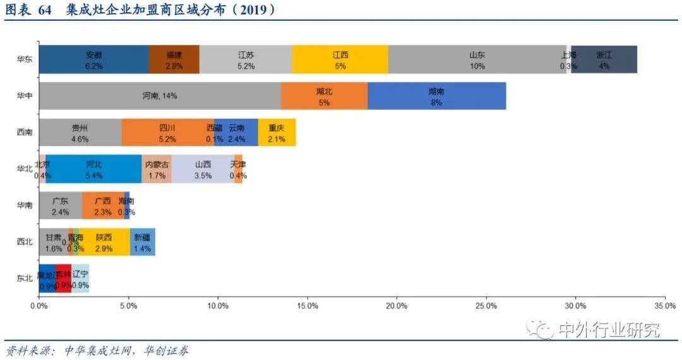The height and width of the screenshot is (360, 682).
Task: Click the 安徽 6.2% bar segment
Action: [93, 59]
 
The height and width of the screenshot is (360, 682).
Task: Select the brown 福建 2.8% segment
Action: [174, 59]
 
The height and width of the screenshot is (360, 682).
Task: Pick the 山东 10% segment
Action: [477, 59]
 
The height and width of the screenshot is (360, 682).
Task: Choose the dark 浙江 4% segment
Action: [604, 59]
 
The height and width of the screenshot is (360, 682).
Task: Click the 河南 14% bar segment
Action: [159, 96]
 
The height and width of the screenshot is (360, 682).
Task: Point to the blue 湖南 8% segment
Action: [436, 96]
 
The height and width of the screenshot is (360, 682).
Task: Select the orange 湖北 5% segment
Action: [324, 96]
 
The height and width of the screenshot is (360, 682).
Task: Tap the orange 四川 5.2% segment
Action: [167, 133]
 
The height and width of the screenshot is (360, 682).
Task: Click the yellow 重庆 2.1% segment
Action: [277, 133]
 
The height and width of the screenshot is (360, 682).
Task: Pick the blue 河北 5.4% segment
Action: [93, 169]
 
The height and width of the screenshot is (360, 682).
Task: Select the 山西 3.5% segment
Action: [203, 169]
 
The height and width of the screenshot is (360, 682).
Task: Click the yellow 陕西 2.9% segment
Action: [104, 242]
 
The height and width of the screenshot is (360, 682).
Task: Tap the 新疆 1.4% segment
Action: [143, 242]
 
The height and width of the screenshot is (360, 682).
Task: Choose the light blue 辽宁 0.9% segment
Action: [80, 279]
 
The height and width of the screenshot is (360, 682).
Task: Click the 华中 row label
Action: [25, 96]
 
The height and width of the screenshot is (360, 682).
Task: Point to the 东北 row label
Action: [25, 279]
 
